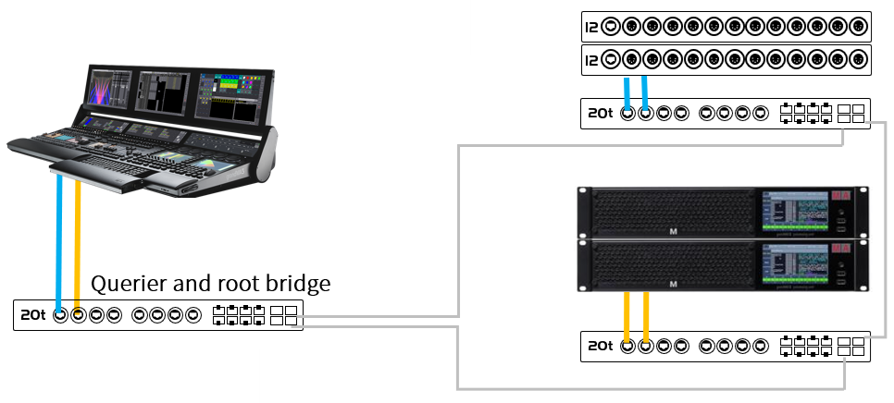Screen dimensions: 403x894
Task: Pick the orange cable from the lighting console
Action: point(78,245)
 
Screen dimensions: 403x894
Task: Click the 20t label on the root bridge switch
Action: point(31,315)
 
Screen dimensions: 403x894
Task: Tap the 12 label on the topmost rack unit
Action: point(591,26)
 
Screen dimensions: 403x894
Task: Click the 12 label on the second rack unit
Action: point(591,61)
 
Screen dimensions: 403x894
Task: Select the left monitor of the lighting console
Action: point(111,97)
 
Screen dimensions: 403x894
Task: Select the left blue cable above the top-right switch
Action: point(628,92)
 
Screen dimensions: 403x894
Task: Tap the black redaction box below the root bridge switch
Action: point(130,374)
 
